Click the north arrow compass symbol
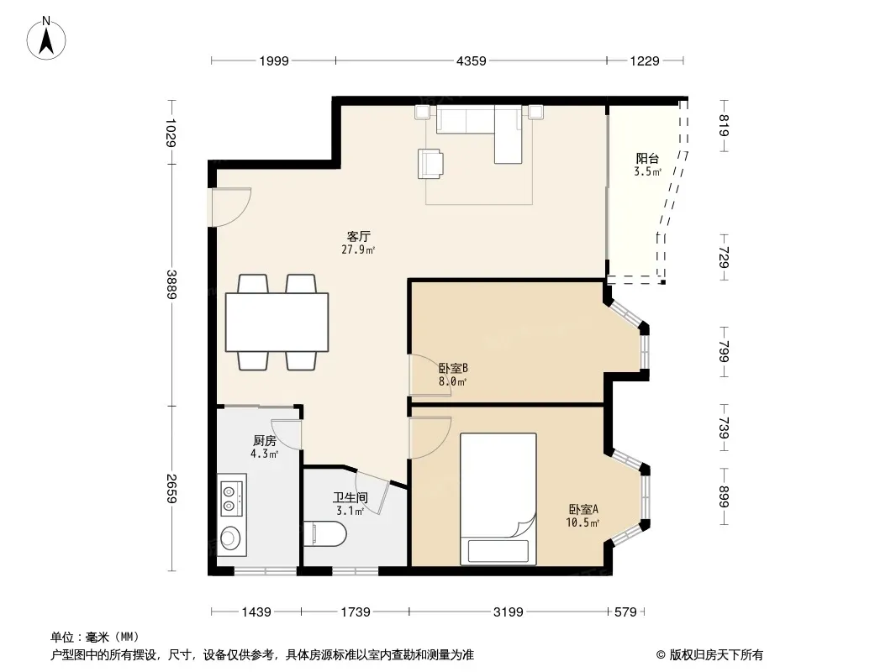[46, 39]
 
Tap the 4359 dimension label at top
[472, 60]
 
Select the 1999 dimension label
[274, 60]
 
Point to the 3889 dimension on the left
[171, 284]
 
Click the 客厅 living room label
[359, 236]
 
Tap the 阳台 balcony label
[647, 159]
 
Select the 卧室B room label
[453, 368]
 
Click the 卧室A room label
[582, 509]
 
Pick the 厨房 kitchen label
[265, 441]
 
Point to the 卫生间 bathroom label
[350, 497]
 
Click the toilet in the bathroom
[324, 534]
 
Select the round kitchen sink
[229, 538]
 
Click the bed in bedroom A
[498, 499]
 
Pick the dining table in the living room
[277, 322]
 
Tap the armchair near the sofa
[430, 164]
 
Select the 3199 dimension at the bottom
[508, 612]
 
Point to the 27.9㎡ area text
[358, 249]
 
